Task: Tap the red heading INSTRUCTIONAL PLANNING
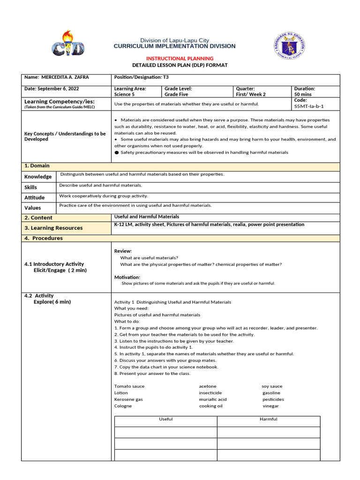[x=180, y=58]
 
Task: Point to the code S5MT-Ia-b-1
[x=308, y=106]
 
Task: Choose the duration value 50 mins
[x=303, y=94]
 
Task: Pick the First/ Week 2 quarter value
[x=251, y=94]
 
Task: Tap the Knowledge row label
[x=38, y=177]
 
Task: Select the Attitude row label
[x=35, y=197]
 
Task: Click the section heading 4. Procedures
[x=43, y=238]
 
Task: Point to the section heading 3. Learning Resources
[x=53, y=228]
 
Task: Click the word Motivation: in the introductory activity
[x=127, y=277]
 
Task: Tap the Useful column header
[x=166, y=419]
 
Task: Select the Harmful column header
[x=268, y=419]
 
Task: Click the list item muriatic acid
[x=212, y=399]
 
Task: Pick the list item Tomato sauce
[x=129, y=386]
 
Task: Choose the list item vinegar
[x=270, y=406]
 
